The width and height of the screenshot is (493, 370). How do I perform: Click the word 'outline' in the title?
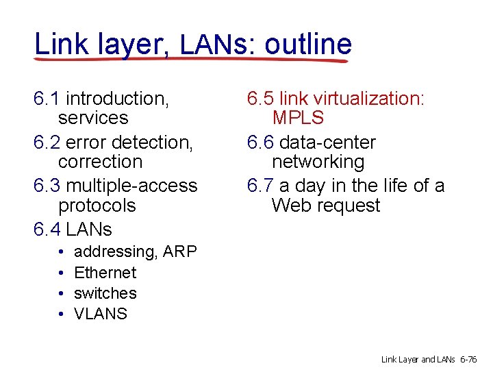tap(308, 45)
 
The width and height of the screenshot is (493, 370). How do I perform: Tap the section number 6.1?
tap(47, 99)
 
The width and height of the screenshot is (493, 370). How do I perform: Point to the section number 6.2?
tap(47, 143)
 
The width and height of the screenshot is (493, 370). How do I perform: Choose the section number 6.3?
tap(47, 186)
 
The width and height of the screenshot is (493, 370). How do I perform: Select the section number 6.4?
tap(47, 229)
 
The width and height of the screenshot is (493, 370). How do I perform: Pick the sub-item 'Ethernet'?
tap(105, 273)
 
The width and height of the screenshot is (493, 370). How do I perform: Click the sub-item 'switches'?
tap(105, 293)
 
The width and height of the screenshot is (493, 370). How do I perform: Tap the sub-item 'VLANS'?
tap(100, 314)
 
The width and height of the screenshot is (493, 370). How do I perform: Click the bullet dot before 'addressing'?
tap(61, 253)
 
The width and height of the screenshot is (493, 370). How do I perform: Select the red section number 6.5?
tap(260, 99)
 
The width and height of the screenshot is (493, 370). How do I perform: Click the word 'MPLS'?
tap(298, 118)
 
